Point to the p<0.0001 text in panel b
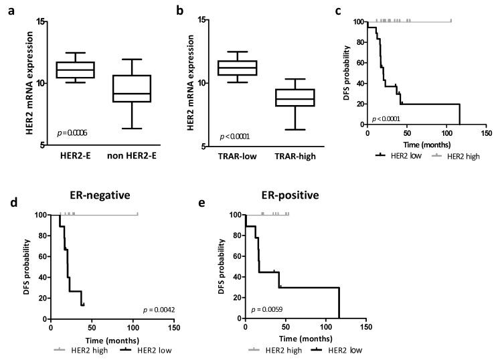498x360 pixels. coord(238,137)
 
